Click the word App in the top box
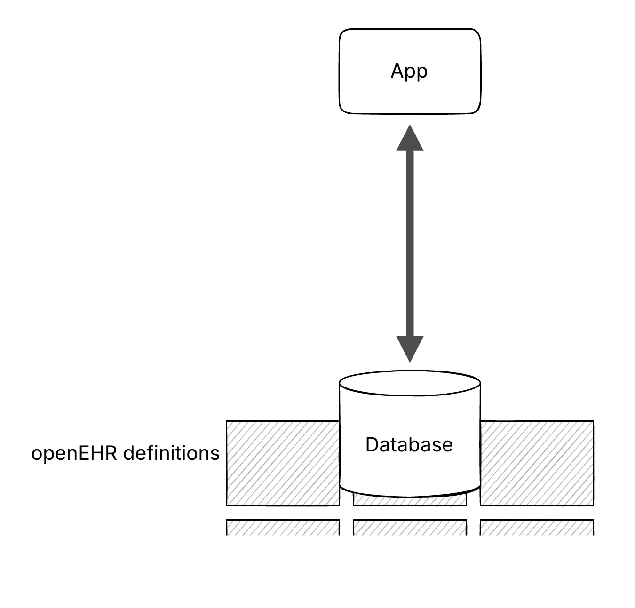pos(409,71)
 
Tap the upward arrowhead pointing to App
pos(410,139)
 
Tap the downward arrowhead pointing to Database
pos(410,349)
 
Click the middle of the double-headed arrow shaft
pos(410,244)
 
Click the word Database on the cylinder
pos(409,444)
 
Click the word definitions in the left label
pos(171,453)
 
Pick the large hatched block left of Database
pos(282,463)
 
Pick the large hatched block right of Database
pos(537,463)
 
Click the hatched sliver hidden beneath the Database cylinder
pos(410,501)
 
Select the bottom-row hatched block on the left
pos(282,527)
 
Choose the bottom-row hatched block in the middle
pos(410,527)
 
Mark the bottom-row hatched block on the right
pos(537,527)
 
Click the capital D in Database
pos(372,444)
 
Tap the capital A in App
pos(397,71)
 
